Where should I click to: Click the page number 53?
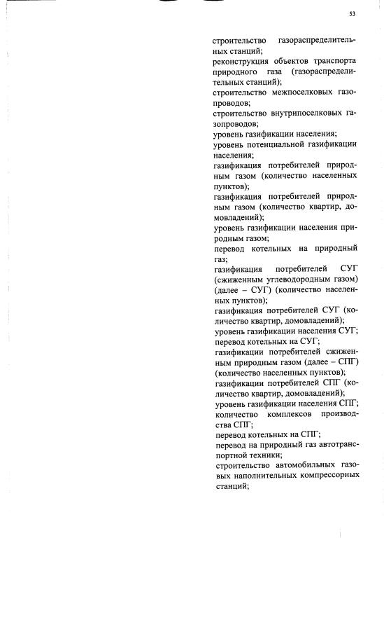pyautogui.click(x=353, y=14)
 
